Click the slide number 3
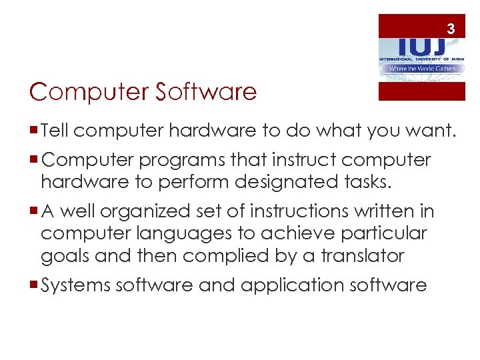tap(451, 29)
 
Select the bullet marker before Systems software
tap(34, 285)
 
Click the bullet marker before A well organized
tap(34, 212)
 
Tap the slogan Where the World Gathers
tap(421, 69)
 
